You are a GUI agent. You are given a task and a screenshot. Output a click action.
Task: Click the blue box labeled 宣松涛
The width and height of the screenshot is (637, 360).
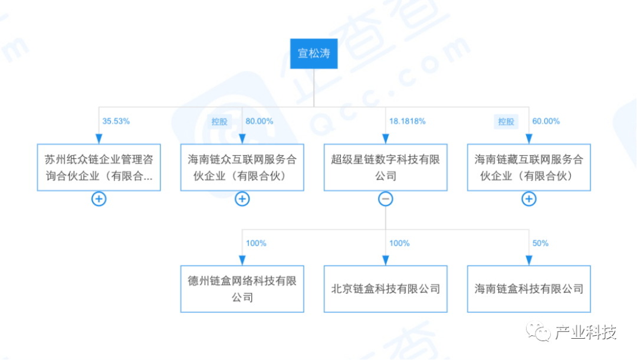pos(314,54)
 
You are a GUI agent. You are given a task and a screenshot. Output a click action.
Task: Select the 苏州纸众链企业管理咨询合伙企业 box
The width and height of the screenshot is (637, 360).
pos(98,167)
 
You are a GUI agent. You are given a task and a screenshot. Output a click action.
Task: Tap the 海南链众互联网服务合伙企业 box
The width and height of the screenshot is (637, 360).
pos(242,167)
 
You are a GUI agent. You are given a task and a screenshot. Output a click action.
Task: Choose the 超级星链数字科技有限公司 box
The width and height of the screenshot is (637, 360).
pos(386,167)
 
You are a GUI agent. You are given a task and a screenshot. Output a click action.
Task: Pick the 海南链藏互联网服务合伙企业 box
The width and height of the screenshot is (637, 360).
pos(529,167)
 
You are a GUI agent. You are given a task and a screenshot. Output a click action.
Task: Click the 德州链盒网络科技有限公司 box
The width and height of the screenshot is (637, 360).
pos(242,289)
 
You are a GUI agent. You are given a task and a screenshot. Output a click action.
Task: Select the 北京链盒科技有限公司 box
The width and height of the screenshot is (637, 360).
pos(386,289)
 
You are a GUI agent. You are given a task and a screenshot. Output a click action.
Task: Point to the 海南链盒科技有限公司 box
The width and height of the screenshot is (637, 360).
pos(529,289)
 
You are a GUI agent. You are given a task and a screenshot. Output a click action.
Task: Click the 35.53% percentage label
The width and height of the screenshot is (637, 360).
pos(116,121)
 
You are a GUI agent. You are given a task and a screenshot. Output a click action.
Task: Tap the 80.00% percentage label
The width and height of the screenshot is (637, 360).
pos(259,121)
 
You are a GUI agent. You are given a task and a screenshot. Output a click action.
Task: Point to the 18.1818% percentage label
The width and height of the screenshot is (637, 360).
pos(407,121)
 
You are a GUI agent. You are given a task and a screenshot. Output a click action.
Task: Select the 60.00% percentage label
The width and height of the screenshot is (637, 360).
pos(546,121)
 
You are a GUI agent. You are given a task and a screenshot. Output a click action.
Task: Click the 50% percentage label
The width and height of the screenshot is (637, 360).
pos(540,243)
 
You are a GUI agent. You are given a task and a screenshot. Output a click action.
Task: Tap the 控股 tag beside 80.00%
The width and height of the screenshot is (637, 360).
pos(219,122)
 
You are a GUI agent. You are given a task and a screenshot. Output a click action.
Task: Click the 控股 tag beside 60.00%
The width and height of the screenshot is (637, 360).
pos(506,122)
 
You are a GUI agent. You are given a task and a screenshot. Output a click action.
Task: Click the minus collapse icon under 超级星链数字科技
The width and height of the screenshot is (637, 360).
pos(386,199)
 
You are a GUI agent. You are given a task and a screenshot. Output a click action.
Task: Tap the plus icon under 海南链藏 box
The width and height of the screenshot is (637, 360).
pos(529,199)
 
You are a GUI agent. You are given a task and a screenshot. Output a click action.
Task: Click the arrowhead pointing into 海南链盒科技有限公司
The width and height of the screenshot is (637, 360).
pos(529,260)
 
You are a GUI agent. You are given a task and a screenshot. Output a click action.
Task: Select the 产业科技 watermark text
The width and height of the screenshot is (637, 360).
pos(586,332)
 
